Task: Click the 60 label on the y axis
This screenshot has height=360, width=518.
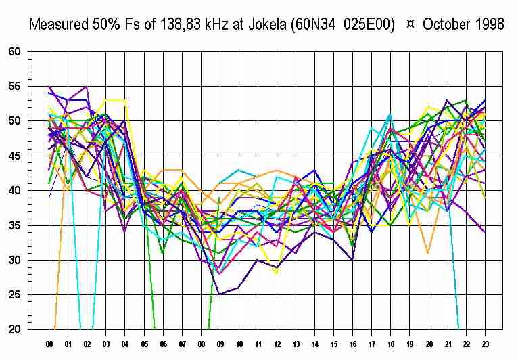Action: coord(15,51)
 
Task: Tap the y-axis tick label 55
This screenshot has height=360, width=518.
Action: coord(15,87)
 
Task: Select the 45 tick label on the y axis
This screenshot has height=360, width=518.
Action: coord(15,156)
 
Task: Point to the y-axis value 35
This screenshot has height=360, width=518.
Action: coord(15,225)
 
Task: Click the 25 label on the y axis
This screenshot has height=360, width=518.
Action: coord(15,295)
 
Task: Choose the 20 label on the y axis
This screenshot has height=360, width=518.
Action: coord(15,330)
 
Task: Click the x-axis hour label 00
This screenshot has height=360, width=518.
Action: coord(49,344)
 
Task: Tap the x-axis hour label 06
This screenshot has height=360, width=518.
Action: coord(162,344)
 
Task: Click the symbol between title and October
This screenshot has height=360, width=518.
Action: coord(410,24)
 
